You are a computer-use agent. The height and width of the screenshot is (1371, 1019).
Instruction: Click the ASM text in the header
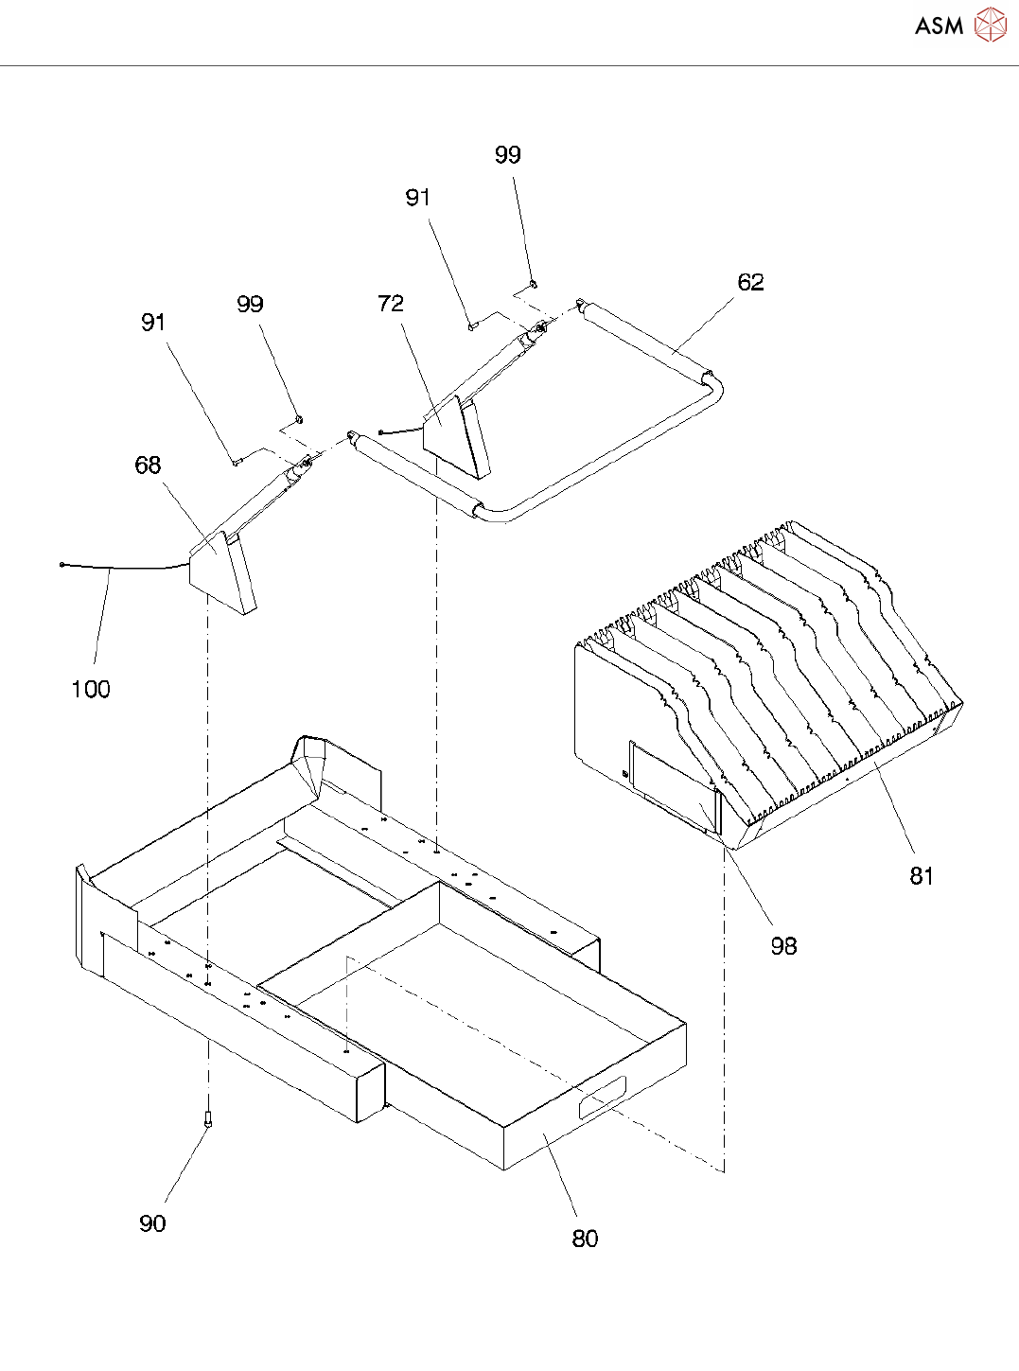pyautogui.click(x=939, y=26)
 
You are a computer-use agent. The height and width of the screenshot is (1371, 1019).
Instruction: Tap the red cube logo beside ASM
pyautogui.click(x=991, y=25)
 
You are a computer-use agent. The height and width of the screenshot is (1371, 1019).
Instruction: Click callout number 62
pyautogui.click(x=750, y=282)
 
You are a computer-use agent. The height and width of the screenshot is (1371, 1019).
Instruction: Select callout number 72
pyautogui.click(x=391, y=303)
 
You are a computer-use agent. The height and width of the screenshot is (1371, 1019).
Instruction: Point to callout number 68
pyautogui.click(x=148, y=465)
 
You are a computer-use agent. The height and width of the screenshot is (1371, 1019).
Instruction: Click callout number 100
pyautogui.click(x=91, y=689)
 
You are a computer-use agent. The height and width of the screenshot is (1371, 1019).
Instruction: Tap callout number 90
pyautogui.click(x=152, y=1223)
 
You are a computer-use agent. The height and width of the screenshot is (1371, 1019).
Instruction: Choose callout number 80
pyautogui.click(x=585, y=1239)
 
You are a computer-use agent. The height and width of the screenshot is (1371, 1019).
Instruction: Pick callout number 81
pyautogui.click(x=922, y=876)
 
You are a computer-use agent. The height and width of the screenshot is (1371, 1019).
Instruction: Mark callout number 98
pyautogui.click(x=783, y=945)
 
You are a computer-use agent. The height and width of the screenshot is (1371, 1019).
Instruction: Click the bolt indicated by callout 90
pyautogui.click(x=208, y=1118)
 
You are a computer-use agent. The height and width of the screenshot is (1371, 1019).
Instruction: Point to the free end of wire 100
pyautogui.click(x=61, y=565)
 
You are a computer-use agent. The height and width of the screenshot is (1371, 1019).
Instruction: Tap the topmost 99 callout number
pyautogui.click(x=508, y=155)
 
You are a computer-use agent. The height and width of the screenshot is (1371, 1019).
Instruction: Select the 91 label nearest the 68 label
pyautogui.click(x=153, y=322)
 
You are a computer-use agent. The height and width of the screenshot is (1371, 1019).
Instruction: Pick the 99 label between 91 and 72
pyautogui.click(x=250, y=304)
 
